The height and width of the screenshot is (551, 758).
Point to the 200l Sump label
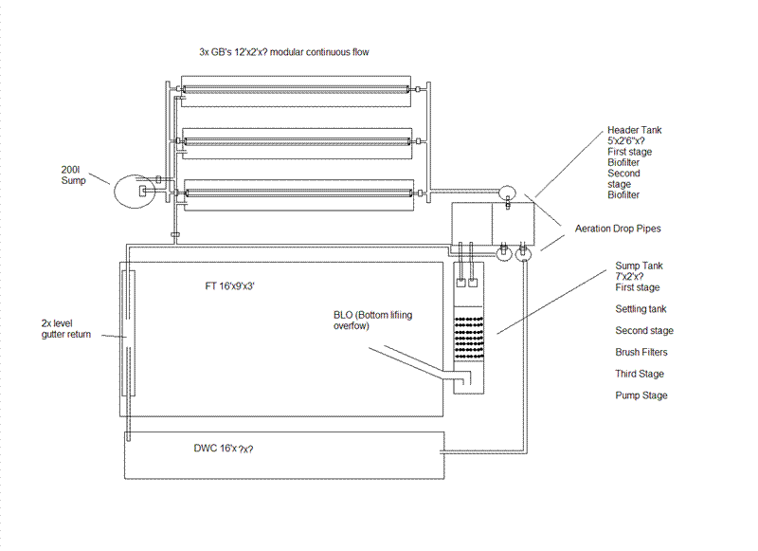[x=75, y=176]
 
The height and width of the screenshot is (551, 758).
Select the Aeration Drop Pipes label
[x=620, y=229]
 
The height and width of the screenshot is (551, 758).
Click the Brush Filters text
[x=641, y=353]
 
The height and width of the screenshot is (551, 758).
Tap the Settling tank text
[x=641, y=309]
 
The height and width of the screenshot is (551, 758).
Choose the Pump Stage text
[x=641, y=395]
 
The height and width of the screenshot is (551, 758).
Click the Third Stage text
[x=640, y=374]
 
